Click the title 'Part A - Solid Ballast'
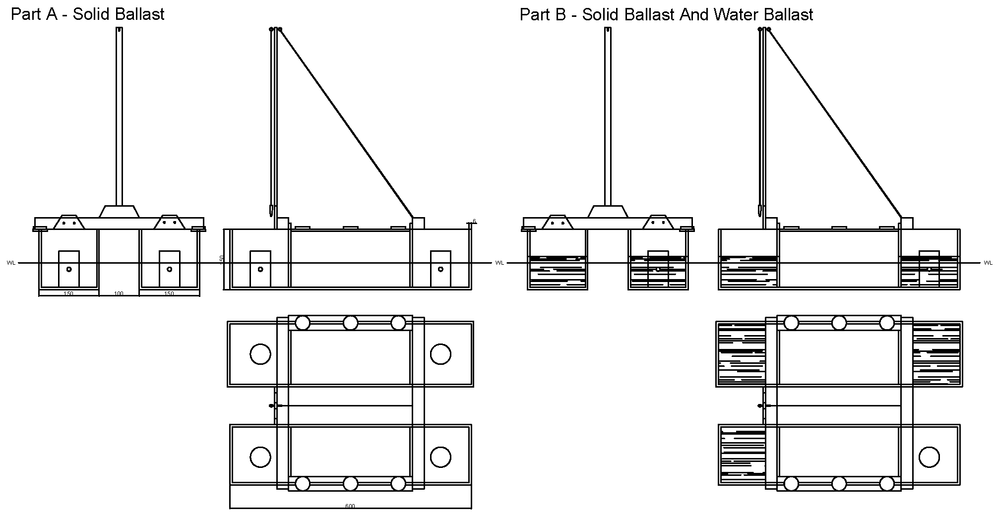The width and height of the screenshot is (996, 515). click(87, 14)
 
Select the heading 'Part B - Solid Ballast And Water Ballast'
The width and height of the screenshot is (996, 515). click(666, 14)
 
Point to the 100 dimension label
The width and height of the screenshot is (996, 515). click(119, 294)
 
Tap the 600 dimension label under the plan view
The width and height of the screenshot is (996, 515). click(350, 506)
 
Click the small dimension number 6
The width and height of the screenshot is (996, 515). click(474, 221)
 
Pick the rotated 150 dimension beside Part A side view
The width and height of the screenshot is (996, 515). click(222, 259)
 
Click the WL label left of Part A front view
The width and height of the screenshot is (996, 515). click(11, 263)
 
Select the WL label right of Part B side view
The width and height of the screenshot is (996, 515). click(988, 263)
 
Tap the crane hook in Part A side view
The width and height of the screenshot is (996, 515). click(271, 210)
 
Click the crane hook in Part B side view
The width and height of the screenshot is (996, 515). click(759, 210)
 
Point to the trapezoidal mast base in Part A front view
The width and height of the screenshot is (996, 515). click(119, 212)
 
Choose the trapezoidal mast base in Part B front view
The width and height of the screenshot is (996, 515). click(608, 212)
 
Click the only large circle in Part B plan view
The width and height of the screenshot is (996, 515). click(929, 457)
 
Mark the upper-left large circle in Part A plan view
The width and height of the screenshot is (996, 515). click(260, 354)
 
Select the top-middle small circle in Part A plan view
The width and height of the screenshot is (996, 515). click(350, 323)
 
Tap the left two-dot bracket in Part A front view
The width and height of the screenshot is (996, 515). click(69, 223)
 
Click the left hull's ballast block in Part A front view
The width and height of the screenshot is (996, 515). click(69, 269)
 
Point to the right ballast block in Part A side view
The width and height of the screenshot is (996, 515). click(440, 269)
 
